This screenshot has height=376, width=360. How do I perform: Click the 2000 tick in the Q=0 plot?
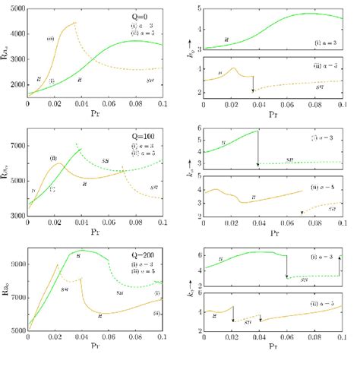pos(16,84)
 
